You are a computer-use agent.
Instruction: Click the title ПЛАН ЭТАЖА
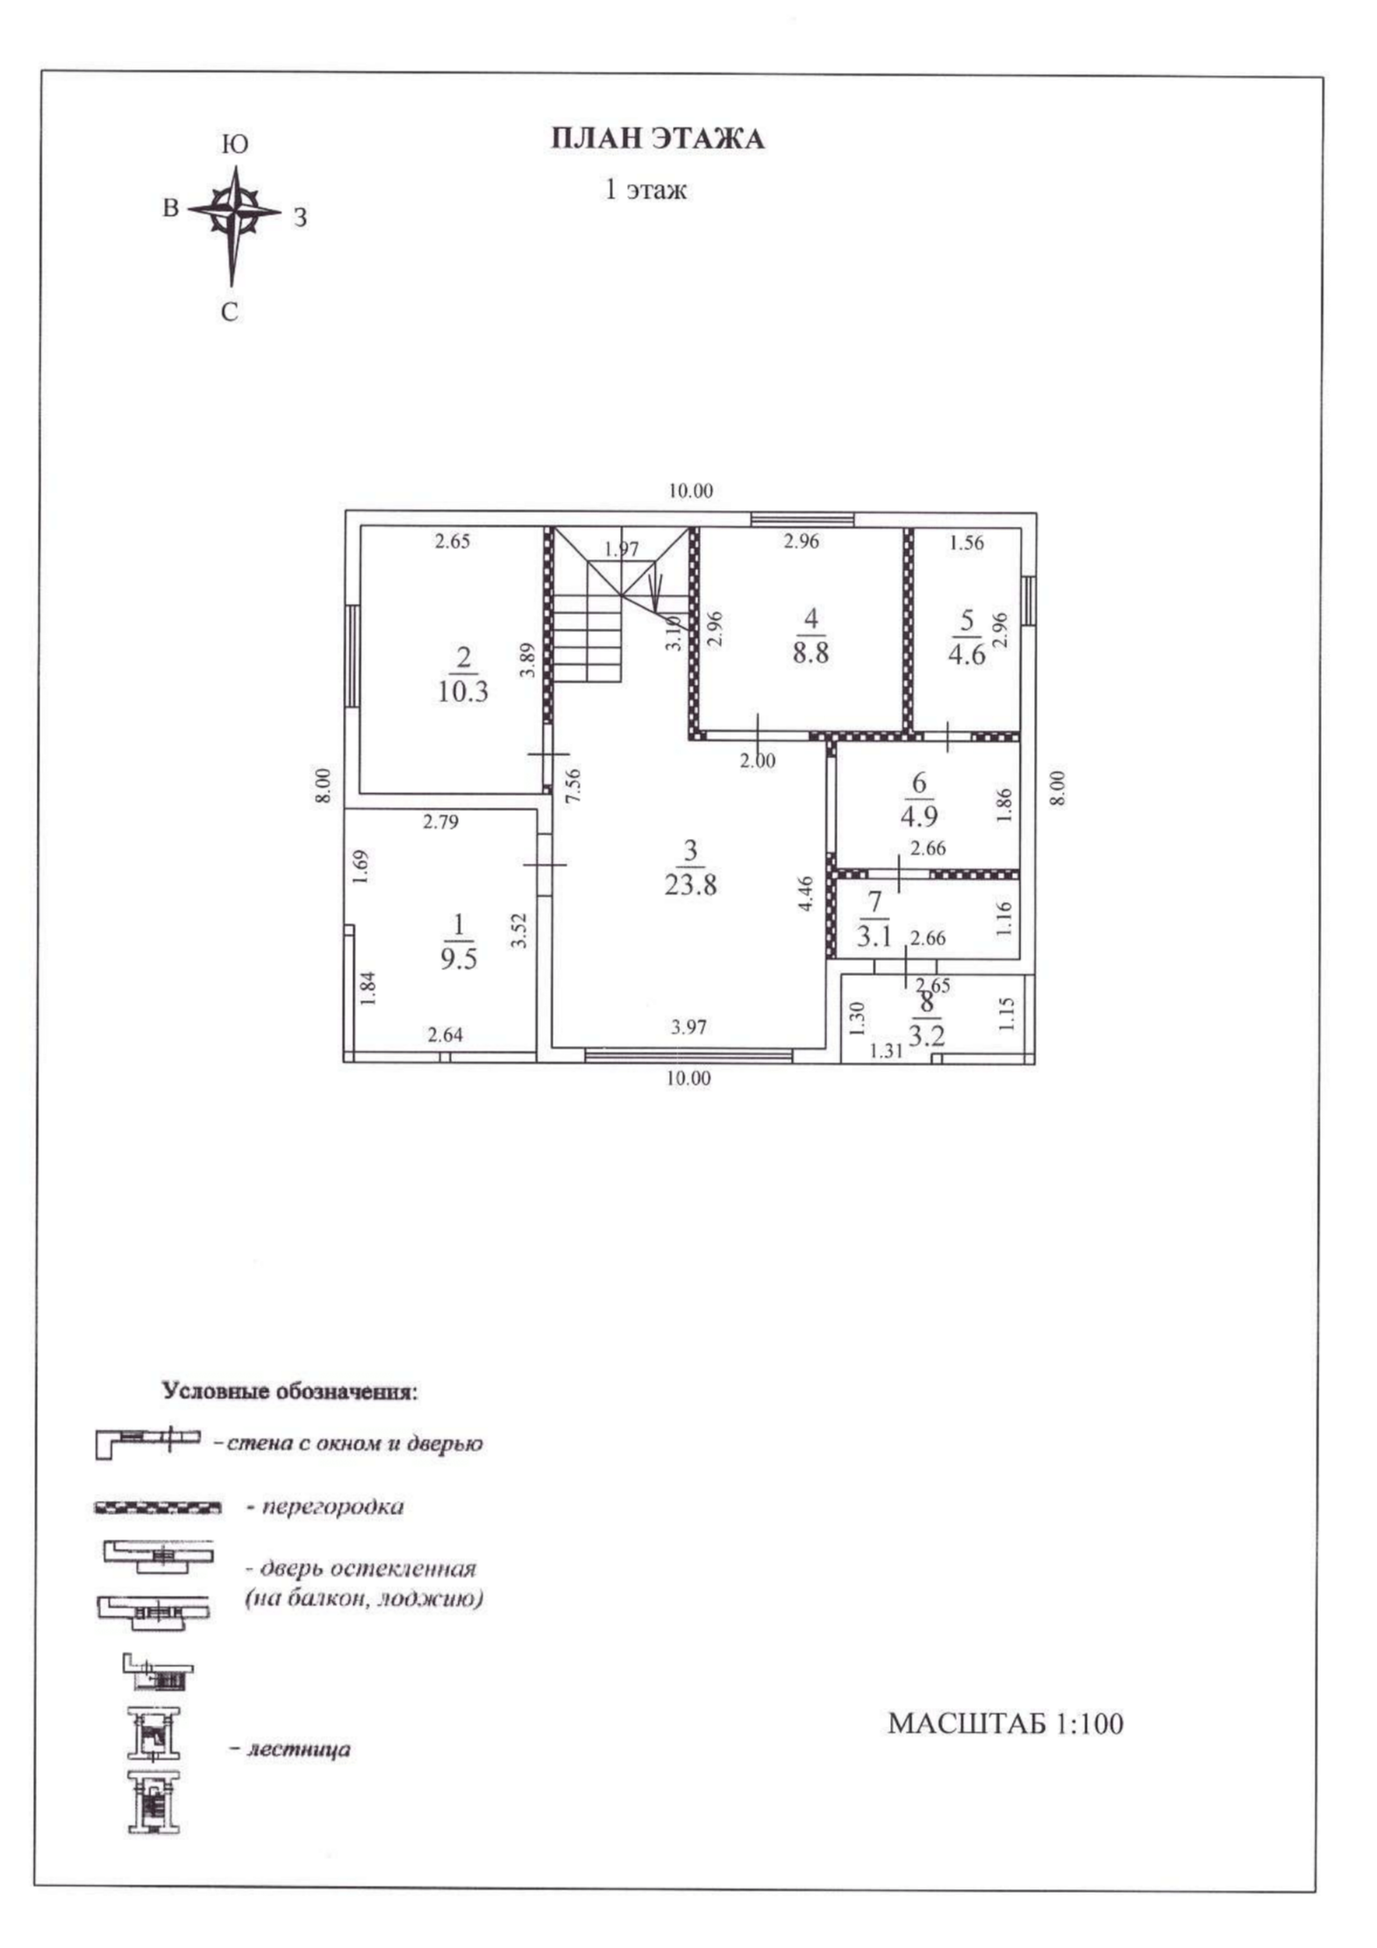point(658,139)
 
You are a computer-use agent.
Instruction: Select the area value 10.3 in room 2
point(462,692)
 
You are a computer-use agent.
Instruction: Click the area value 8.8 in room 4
point(811,653)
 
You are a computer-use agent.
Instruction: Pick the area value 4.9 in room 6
point(919,816)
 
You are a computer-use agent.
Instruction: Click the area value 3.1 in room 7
point(874,936)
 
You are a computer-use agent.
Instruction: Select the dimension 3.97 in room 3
point(688,1027)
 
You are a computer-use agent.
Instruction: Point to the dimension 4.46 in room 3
point(806,894)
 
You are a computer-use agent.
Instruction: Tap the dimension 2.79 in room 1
point(440,822)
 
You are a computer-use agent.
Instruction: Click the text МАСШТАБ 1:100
point(1005,1724)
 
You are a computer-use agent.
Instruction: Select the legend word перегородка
point(333,1507)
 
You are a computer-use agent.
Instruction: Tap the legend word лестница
point(298,1749)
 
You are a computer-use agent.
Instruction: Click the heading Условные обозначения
point(290,1391)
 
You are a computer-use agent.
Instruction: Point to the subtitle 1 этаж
point(646,189)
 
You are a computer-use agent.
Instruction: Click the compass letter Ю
point(234,145)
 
